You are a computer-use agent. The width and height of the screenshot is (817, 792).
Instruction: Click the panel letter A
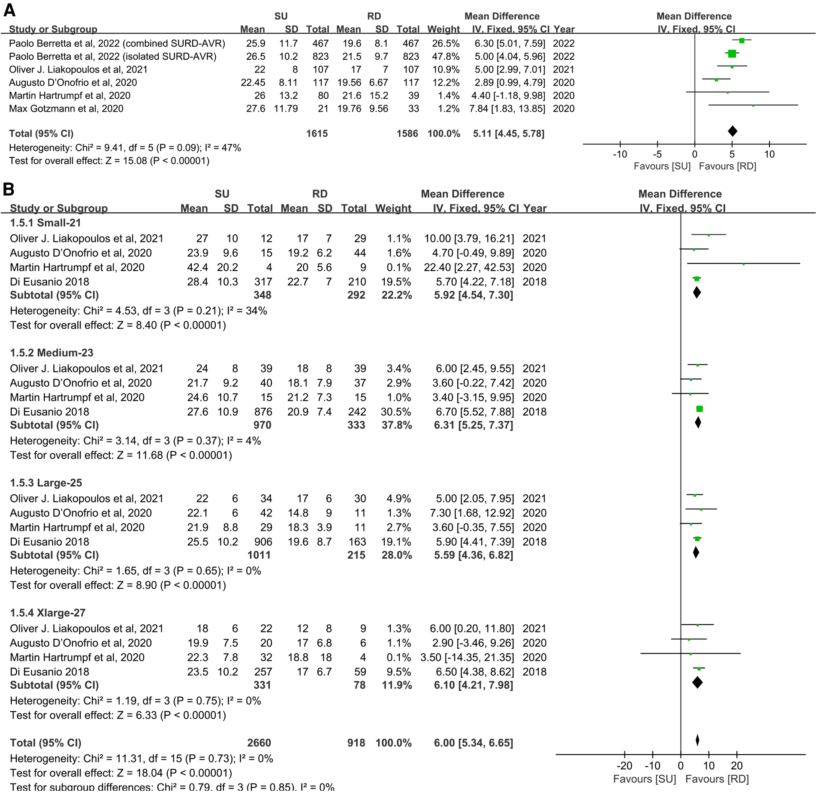tap(9, 10)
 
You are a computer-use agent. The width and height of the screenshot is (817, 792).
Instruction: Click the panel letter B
tap(9, 189)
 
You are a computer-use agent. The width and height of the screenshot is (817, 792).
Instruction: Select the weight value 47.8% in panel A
tap(443, 57)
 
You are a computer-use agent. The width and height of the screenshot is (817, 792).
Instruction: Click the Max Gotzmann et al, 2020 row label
tap(66, 109)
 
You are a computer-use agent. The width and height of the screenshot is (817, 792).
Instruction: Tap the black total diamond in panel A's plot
tap(733, 132)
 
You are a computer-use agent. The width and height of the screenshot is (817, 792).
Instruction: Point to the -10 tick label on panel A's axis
tap(620, 154)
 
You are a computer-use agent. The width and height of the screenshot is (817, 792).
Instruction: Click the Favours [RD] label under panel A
tap(727, 166)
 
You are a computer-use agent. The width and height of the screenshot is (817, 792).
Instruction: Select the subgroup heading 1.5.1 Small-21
tap(45, 223)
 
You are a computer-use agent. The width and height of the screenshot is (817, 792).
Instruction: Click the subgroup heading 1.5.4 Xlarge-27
tap(48, 613)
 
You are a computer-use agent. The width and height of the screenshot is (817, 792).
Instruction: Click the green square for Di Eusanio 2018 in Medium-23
tap(699, 409)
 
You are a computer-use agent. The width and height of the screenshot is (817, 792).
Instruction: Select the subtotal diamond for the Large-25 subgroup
tap(696, 553)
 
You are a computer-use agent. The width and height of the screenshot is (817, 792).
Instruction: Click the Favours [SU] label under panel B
tap(644, 779)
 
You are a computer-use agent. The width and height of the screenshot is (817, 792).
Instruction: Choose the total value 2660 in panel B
tap(259, 743)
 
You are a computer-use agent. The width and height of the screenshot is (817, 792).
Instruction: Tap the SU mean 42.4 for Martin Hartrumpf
tap(197, 267)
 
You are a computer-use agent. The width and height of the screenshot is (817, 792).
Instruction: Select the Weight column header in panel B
tap(393, 209)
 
